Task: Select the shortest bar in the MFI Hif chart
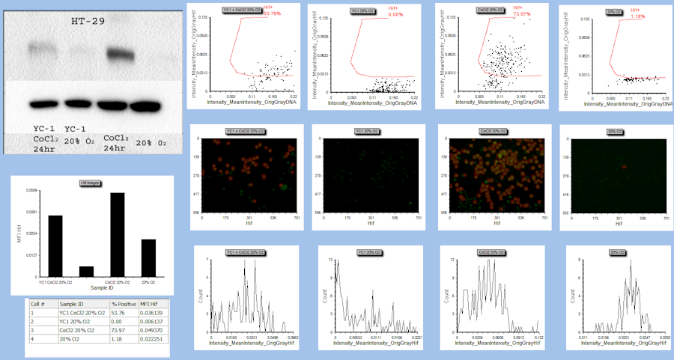pyautogui.click(x=87, y=271)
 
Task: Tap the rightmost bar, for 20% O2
pyautogui.click(x=148, y=257)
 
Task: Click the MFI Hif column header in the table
pyautogui.click(x=152, y=305)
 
